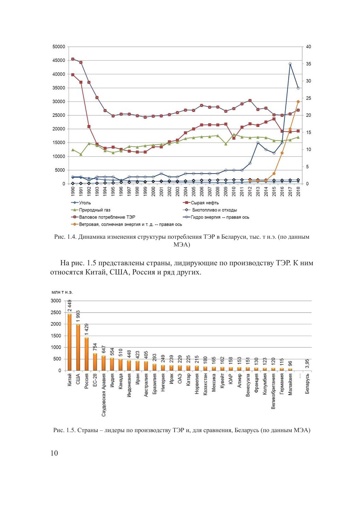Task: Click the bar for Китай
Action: click(70, 342)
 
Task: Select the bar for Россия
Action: click(86, 354)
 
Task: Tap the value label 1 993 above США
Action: click(78, 316)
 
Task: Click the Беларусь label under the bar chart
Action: click(307, 384)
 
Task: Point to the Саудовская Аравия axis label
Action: click(103, 395)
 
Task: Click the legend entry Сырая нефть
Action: click(204, 203)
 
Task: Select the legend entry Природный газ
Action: click(95, 210)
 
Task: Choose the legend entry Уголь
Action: click(85, 203)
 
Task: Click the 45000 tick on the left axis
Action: click(59, 61)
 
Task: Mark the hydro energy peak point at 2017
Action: click(290, 64)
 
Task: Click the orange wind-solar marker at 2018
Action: click(298, 101)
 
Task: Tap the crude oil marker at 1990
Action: click(72, 75)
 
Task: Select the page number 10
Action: click(54, 453)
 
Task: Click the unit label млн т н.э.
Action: click(62, 292)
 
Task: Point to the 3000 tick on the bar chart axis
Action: click(56, 301)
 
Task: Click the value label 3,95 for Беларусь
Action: click(307, 364)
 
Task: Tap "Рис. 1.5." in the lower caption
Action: click(64, 430)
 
